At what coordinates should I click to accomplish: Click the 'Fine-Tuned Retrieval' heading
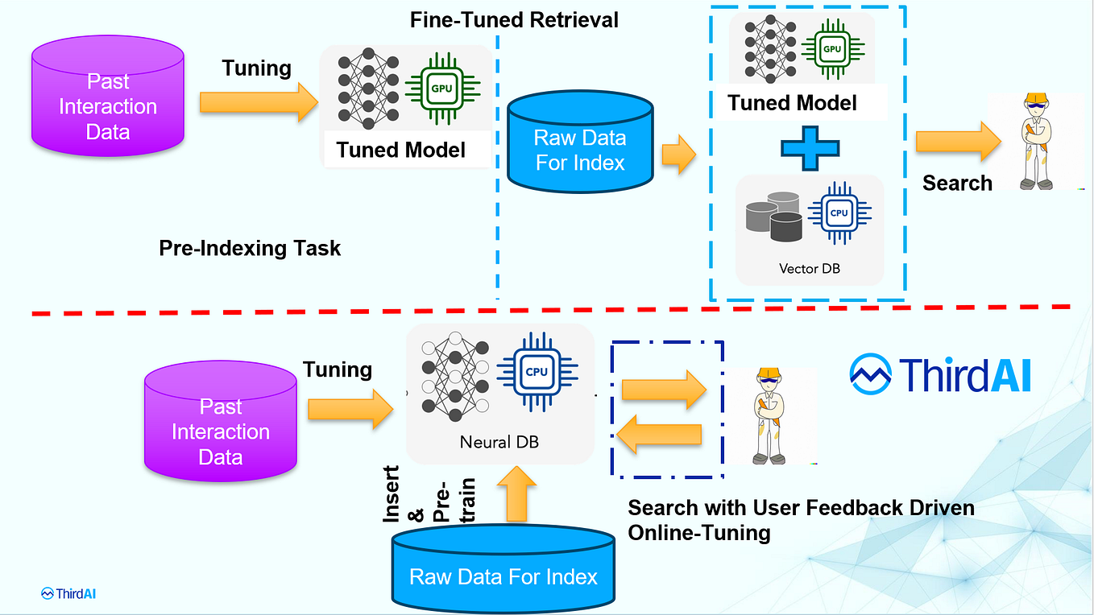tap(514, 20)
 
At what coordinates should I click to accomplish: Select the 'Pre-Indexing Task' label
tap(250, 248)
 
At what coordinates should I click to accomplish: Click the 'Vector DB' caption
tap(809, 268)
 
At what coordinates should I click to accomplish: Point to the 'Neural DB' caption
tap(499, 442)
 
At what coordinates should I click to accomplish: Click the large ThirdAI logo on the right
tap(941, 374)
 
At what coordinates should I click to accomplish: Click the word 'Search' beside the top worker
tap(957, 184)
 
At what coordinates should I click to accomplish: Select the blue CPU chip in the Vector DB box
tap(839, 213)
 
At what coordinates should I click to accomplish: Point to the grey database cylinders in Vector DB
tap(774, 216)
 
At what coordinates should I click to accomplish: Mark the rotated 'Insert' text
tap(392, 494)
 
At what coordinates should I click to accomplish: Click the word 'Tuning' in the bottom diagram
tap(337, 369)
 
